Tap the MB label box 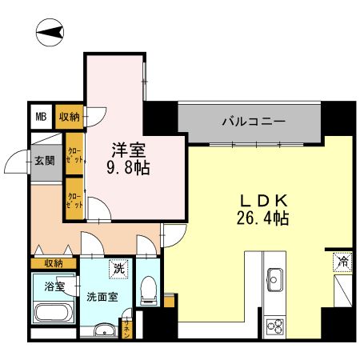[41, 117]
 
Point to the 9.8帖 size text [128, 168]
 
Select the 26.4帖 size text [262, 217]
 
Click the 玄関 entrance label [44, 160]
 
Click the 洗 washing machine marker [118, 270]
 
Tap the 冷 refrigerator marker [342, 261]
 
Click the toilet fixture [148, 292]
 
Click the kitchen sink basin [277, 281]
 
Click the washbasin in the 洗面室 [102, 331]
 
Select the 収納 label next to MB [69, 117]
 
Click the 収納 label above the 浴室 [53, 263]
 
